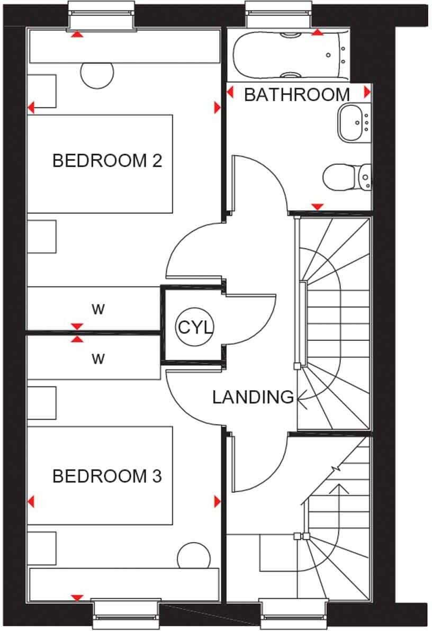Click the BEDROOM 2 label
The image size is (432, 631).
[107, 160]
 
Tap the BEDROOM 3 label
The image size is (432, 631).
[107, 476]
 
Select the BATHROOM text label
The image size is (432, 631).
[297, 95]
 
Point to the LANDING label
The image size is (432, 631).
[253, 396]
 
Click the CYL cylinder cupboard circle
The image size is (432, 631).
[194, 327]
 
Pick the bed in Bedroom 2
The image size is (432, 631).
[100, 164]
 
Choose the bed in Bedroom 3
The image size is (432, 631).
[100, 475]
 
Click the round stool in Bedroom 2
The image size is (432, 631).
[97, 73]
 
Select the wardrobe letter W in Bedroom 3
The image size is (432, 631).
[98, 359]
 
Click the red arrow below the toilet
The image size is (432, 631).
[317, 206]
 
